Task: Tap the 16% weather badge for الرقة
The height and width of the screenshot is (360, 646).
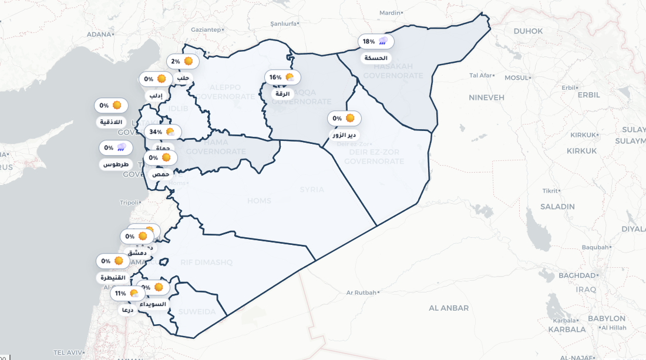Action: [x=282, y=77]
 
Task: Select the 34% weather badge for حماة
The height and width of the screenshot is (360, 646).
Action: [x=163, y=132]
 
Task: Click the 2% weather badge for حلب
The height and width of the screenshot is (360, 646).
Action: [x=183, y=61]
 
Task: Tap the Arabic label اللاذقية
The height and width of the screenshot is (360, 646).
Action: [x=111, y=122]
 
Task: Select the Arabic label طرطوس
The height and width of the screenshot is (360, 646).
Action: [x=116, y=164]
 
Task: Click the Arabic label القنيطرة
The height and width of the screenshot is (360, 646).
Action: [x=113, y=278]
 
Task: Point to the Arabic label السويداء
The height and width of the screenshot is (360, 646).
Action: [x=153, y=304]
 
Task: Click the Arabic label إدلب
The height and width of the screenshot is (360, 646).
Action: [x=156, y=95]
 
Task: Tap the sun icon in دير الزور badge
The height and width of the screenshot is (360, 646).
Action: [x=350, y=118]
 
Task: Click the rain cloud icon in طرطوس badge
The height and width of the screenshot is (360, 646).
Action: [x=122, y=147]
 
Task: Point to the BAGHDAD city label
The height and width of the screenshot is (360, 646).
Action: [x=577, y=275]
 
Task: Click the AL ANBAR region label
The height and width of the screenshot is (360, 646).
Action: [x=449, y=308]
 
